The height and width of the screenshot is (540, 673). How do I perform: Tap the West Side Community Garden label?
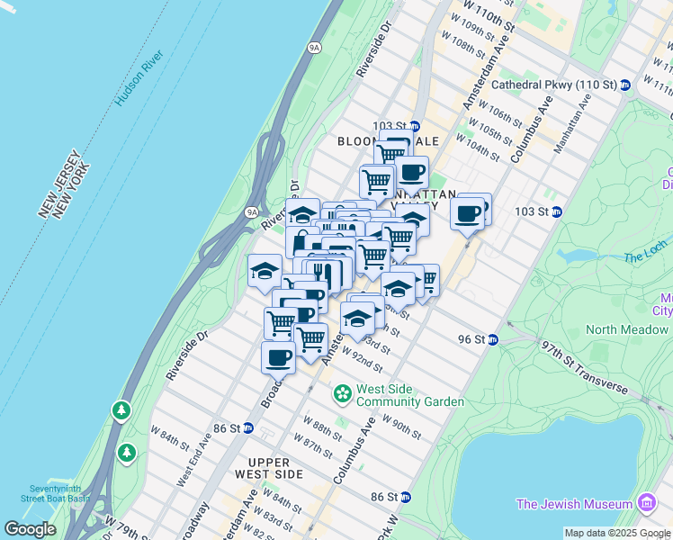pyautogui.click(x=409, y=395)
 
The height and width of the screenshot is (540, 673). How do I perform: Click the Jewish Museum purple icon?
pyautogui.click(x=646, y=502)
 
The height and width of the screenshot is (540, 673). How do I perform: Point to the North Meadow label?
pyautogui.click(x=626, y=329)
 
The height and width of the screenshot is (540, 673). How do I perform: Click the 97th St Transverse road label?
pyautogui.click(x=583, y=367)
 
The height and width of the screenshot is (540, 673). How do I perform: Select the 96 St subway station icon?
pyautogui.click(x=493, y=339)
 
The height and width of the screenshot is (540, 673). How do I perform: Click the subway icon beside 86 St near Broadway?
pyautogui.click(x=247, y=427)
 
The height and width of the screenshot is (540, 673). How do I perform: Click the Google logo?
pyautogui.click(x=30, y=529)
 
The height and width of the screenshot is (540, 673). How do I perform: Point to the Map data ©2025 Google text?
pyautogui.click(x=617, y=533)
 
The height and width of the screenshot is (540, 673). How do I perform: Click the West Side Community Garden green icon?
pyautogui.click(x=342, y=393)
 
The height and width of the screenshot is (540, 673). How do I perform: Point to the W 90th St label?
pyautogui.click(x=402, y=425)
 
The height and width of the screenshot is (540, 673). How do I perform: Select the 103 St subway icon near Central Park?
pyautogui.click(x=557, y=211)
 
